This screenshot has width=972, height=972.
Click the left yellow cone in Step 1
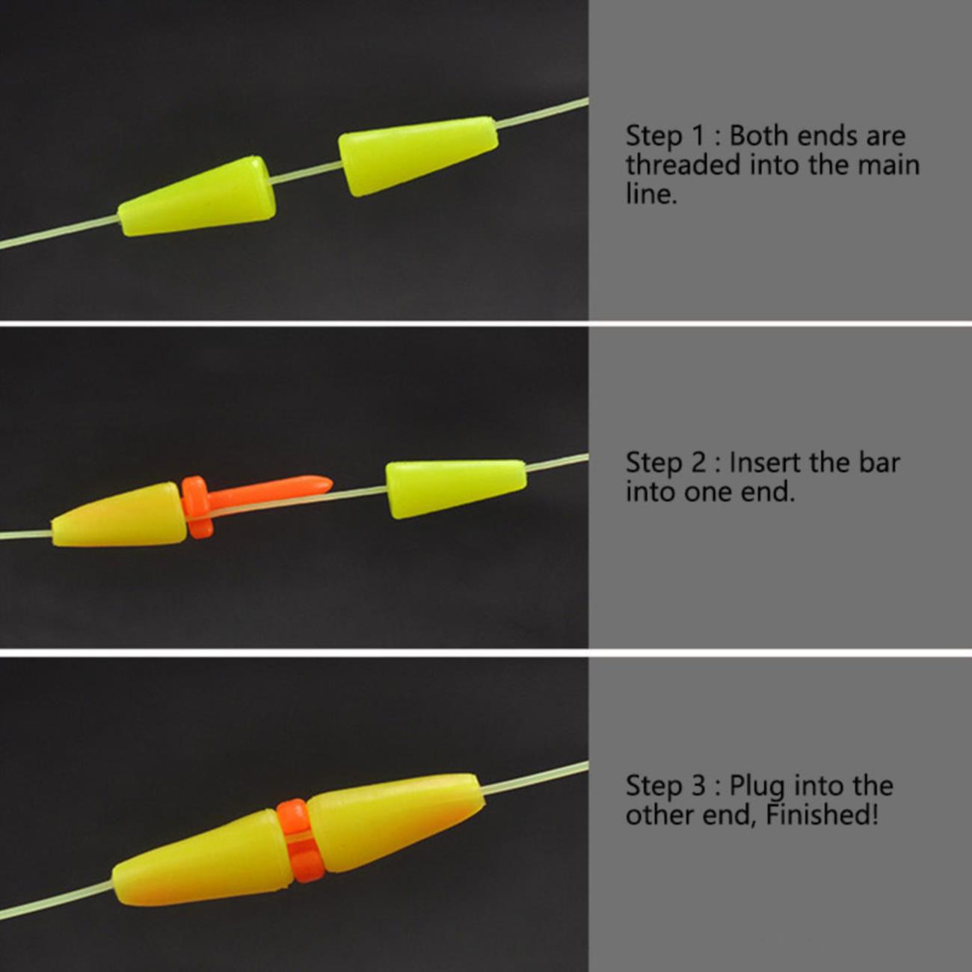tap(197, 197)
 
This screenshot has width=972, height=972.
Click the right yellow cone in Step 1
tap(418, 156)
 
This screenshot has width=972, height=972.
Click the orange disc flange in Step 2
tap(196, 507)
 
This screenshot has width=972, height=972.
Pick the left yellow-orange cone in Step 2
tap(119, 515)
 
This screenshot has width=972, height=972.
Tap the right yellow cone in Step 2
tap(456, 489)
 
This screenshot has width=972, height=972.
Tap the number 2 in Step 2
tap(698, 462)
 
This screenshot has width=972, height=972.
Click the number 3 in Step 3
tap(698, 785)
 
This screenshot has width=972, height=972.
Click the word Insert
tap(766, 462)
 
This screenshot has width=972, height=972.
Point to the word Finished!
tap(822, 815)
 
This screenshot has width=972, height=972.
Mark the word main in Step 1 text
tap(889, 165)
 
